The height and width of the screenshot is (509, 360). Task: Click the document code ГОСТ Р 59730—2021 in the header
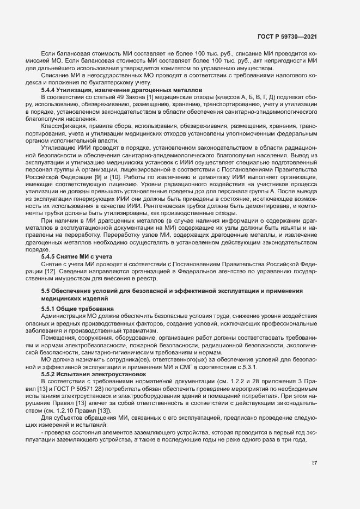(x=287, y=36)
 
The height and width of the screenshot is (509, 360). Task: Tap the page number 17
(x=314, y=463)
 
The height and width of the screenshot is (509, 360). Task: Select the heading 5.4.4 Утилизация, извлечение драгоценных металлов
(x=121, y=89)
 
